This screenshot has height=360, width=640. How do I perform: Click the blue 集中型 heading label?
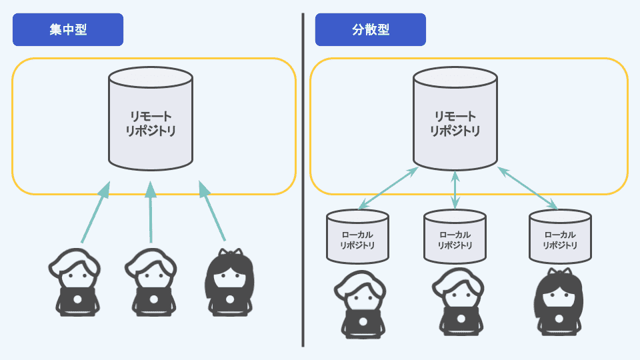pos(68,30)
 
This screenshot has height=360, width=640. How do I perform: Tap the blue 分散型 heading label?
pos(371,30)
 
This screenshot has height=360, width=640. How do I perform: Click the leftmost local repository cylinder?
pos(357,237)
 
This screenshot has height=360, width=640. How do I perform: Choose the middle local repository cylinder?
pos(455,237)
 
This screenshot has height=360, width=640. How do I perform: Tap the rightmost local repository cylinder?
pos(560,237)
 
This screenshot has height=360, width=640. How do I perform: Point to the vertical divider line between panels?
pos(303,180)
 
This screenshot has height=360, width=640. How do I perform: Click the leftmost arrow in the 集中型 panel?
pos(94,213)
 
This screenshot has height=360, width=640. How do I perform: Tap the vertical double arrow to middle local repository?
pos(455,189)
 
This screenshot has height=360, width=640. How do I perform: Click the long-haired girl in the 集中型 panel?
pos(230,283)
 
